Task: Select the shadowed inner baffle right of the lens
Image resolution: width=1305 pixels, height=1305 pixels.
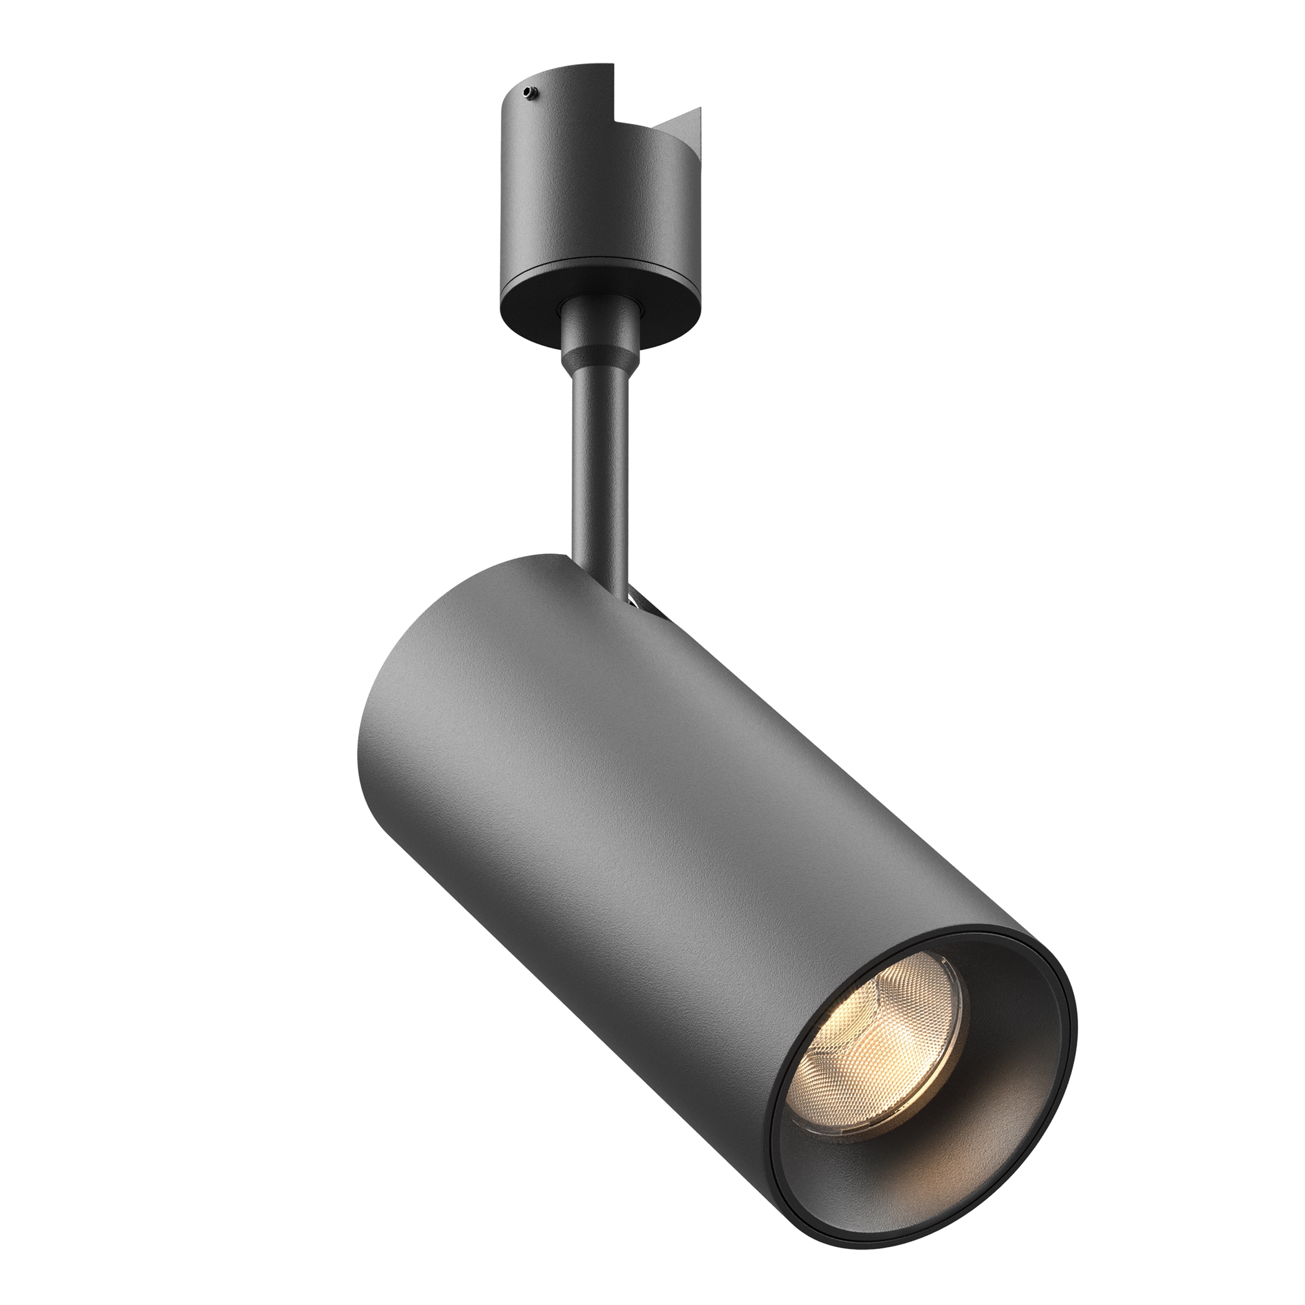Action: (x=1006, y=1054)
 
